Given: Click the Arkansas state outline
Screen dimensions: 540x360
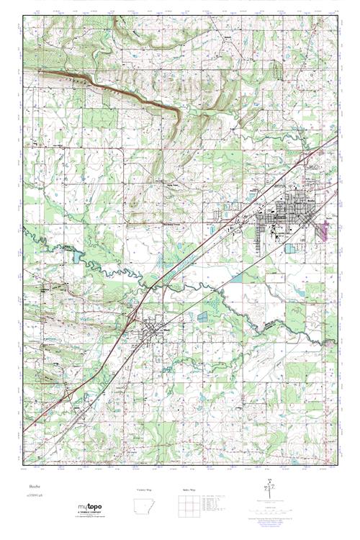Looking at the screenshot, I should (145, 506).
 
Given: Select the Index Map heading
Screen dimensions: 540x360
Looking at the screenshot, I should (187, 490).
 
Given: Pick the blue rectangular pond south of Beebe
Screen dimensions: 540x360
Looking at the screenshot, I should (289, 248).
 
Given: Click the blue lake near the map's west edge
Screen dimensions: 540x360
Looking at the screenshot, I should (77, 256).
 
